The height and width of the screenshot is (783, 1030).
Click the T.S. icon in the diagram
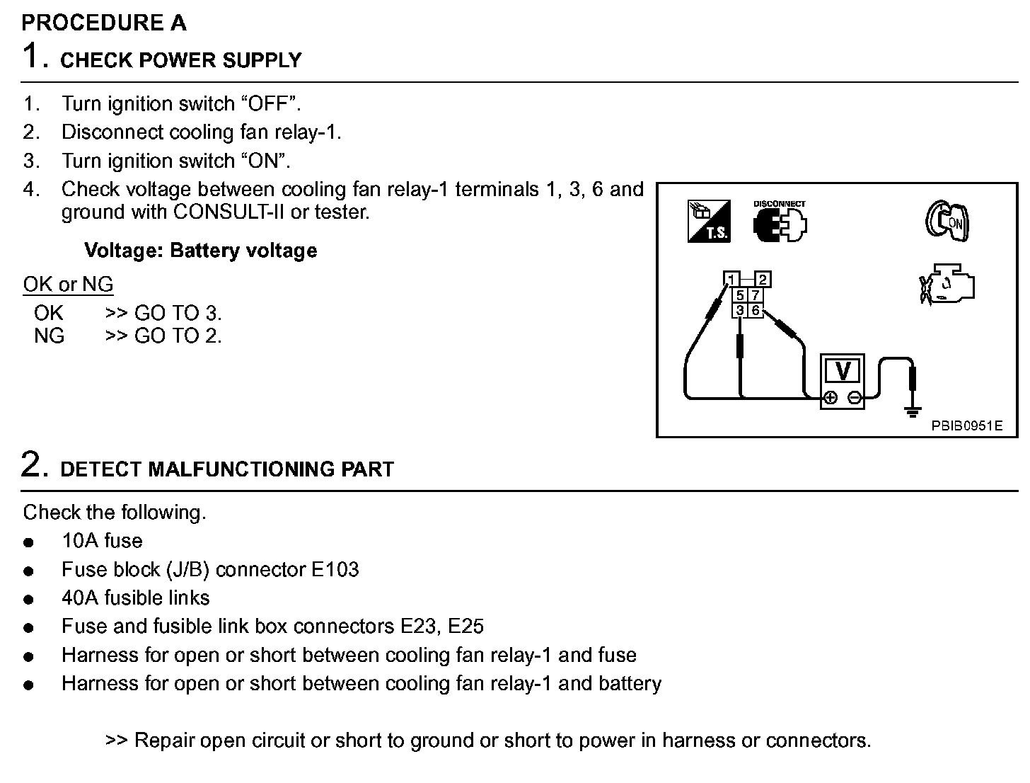[x=709, y=222]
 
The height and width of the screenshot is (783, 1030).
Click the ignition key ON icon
[x=947, y=220]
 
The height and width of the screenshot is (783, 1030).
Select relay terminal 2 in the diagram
[x=763, y=280]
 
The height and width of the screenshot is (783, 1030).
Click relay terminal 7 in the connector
[x=756, y=296]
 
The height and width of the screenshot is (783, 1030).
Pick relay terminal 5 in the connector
[x=740, y=296]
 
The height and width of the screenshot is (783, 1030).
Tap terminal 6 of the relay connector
[x=756, y=310]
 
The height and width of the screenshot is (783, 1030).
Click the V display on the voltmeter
[x=843, y=371]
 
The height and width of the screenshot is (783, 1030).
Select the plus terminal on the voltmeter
[x=831, y=398]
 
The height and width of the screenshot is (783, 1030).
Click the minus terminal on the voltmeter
[x=855, y=398]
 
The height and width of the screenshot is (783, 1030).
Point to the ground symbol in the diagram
[x=913, y=411]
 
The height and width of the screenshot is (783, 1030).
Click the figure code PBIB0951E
[x=966, y=425]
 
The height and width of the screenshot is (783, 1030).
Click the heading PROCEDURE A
[x=104, y=23]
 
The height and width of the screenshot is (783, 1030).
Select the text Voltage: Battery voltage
[x=200, y=251]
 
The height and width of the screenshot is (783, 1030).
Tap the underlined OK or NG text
[x=68, y=285]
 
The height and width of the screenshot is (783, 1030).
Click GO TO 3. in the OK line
[x=178, y=313]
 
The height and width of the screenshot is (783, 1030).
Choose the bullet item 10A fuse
[x=102, y=541]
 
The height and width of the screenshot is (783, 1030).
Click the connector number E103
[x=335, y=570]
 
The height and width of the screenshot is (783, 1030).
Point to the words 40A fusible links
[x=136, y=598]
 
